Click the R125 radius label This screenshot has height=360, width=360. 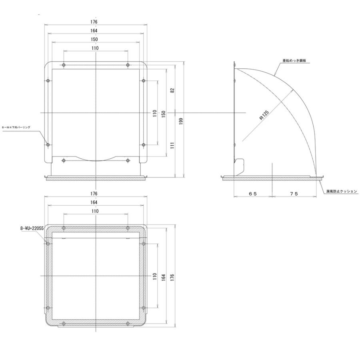tap(264, 115)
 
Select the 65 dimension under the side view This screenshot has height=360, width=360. tap(252, 193)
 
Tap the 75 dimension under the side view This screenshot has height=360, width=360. tap(294, 193)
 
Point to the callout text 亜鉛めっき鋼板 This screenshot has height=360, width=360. tap(294, 60)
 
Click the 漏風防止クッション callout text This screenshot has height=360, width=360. tap(341, 192)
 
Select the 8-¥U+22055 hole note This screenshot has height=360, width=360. tap(32, 228)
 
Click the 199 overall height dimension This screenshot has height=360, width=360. tap(181, 122)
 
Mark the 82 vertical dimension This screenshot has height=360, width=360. tap(172, 90)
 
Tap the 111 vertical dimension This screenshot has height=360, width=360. tap(172, 146)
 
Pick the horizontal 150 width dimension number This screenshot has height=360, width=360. tap(94, 39)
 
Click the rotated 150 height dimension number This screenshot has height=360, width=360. tap(163, 114)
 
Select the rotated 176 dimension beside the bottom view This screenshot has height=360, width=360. tap(172, 277)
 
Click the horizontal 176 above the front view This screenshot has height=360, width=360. tap(94, 22)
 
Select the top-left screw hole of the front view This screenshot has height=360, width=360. tap(64, 65)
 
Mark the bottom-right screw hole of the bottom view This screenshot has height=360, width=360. tap(128, 323)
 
